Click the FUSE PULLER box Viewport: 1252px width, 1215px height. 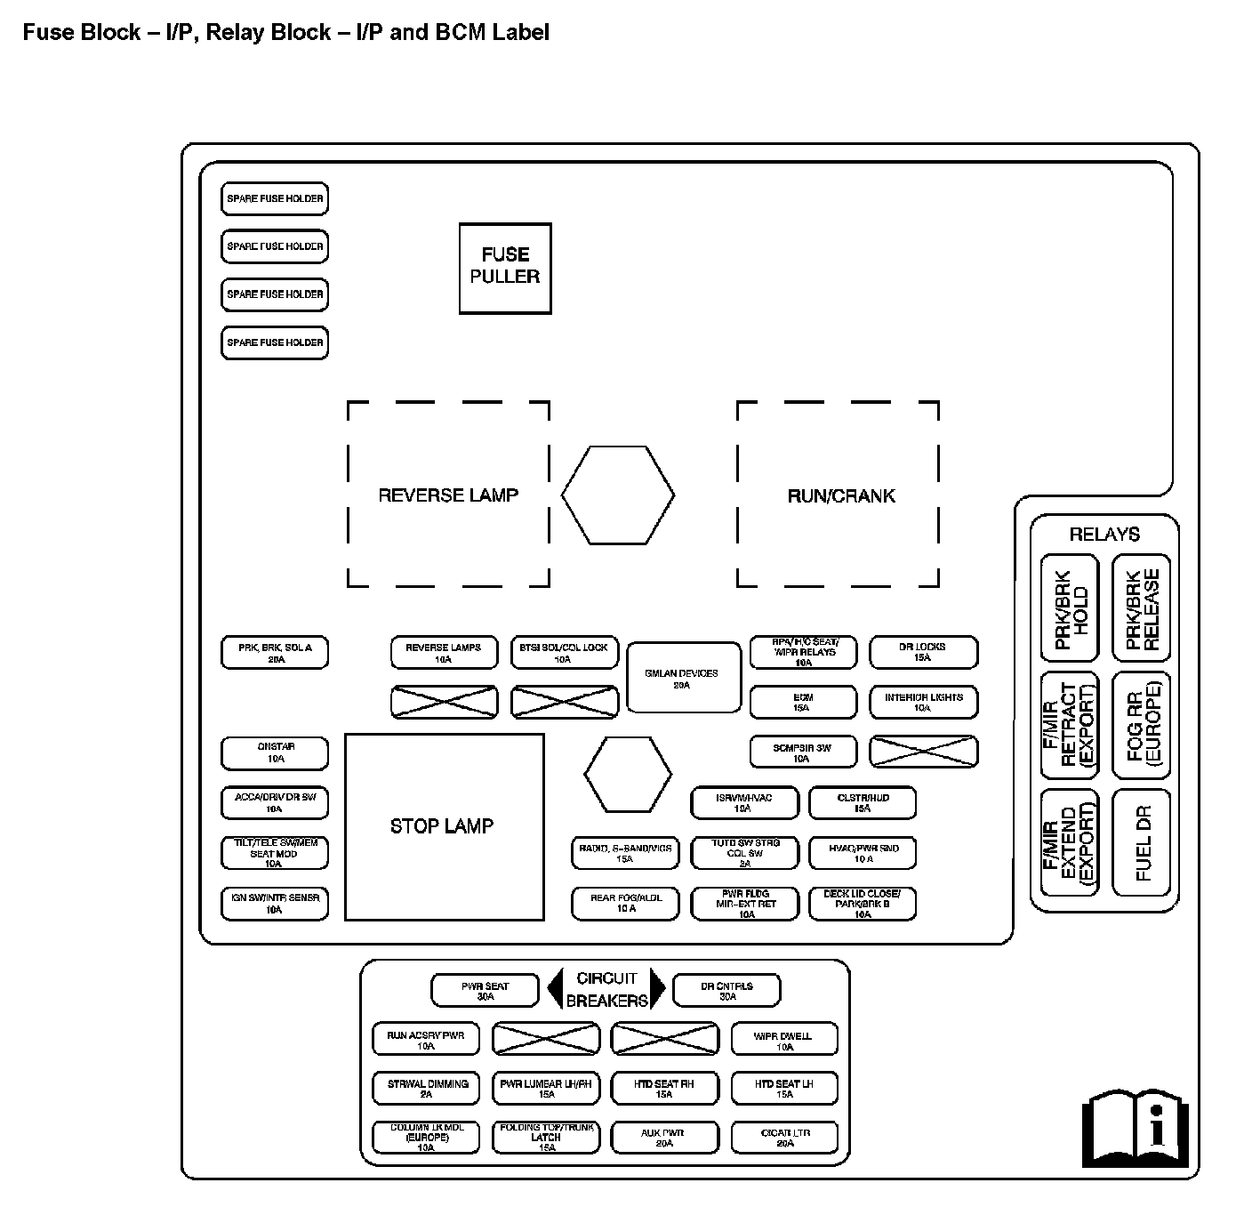(x=505, y=268)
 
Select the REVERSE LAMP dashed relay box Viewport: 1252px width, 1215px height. (x=448, y=495)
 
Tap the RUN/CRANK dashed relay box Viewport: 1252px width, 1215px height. (x=839, y=495)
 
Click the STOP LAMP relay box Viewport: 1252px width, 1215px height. (x=444, y=826)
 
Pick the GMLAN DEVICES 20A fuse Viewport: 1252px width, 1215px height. (x=683, y=678)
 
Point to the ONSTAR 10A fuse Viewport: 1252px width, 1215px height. (x=275, y=753)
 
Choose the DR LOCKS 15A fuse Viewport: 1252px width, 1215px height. (x=923, y=652)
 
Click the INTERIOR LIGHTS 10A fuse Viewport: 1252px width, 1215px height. (x=923, y=703)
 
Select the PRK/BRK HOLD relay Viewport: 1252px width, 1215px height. (x=1070, y=609)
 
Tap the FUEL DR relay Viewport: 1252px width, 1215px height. (x=1142, y=842)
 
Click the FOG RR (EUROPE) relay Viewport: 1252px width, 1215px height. (x=1142, y=726)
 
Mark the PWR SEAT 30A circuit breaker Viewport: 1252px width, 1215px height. (x=485, y=991)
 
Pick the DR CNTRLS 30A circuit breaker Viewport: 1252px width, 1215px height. (x=726, y=991)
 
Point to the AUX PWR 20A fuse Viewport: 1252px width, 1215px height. (x=664, y=1138)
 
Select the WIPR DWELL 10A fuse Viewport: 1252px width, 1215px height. (x=784, y=1040)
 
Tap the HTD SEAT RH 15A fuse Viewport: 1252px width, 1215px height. (x=664, y=1089)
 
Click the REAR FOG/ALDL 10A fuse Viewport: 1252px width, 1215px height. (x=626, y=903)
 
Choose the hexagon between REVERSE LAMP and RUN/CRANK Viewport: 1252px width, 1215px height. (x=618, y=495)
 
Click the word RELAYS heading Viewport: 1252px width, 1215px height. (x=1104, y=535)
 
